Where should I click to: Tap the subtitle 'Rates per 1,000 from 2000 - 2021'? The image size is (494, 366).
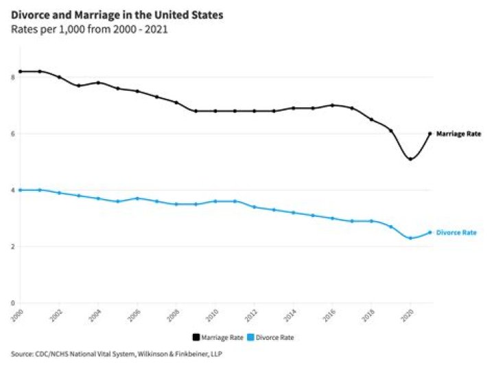tap(90, 29)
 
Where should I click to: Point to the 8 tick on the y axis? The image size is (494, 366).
tap(12, 78)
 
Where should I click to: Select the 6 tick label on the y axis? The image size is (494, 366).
tap(12, 134)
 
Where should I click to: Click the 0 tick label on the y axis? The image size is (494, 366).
tap(12, 303)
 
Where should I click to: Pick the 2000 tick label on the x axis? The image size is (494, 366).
tap(17, 314)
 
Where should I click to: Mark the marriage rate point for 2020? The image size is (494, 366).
tap(410, 159)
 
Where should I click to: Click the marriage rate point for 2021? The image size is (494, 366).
tap(430, 134)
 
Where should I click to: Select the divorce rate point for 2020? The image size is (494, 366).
tap(410, 238)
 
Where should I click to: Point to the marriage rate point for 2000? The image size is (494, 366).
tap(20, 71)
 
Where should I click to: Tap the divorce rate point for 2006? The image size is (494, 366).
tap(137, 198)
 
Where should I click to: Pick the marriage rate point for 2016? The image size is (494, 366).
tap(332, 105)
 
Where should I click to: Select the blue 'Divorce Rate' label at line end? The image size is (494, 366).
tap(456, 233)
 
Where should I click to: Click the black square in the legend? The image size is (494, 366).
tap(196, 337)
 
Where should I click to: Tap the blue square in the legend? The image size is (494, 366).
tap(252, 337)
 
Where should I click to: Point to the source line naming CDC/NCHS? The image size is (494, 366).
tap(117, 354)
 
